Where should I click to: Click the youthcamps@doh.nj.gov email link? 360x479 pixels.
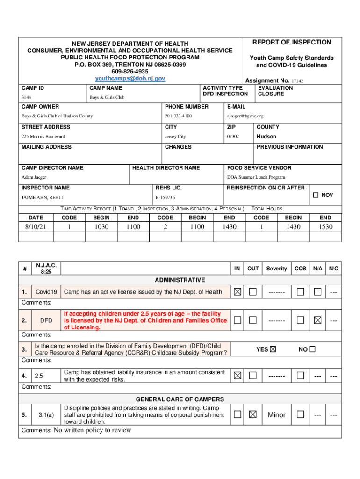click(130, 79)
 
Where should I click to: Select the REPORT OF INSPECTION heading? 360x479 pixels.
click(292, 42)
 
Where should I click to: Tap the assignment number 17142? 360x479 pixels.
click(297, 81)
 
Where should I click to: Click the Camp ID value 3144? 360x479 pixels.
click(26, 97)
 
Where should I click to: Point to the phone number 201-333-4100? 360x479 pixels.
click(178, 116)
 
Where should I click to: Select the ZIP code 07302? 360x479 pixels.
click(233, 137)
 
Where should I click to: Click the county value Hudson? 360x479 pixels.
click(266, 137)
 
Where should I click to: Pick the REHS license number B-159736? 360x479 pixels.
click(165, 198)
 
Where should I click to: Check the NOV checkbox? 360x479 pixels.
click(316, 195)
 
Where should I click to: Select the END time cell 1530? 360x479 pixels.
click(325, 227)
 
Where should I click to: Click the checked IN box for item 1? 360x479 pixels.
click(238, 292)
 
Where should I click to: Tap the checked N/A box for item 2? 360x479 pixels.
click(317, 320)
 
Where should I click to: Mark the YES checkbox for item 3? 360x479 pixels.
click(273, 349)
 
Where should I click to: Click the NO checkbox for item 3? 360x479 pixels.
click(312, 349)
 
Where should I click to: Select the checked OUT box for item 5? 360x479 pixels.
click(253, 414)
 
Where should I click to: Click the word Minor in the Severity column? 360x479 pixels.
click(276, 415)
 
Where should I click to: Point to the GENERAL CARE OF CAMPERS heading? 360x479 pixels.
click(180, 399)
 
